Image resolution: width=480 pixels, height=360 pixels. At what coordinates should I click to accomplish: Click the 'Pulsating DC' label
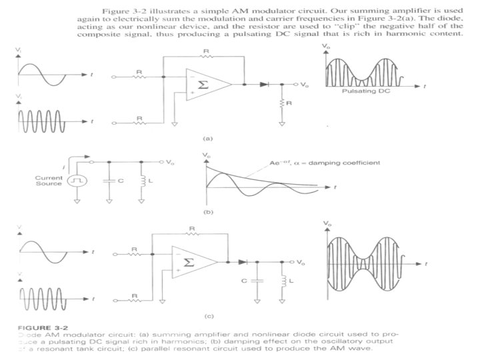coord(364,91)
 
